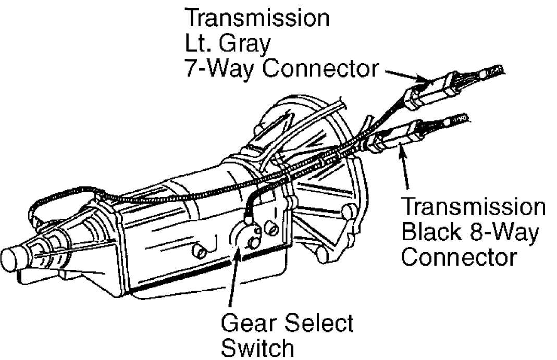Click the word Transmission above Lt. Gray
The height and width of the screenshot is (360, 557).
(x=257, y=18)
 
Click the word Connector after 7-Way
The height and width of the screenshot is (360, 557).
(x=320, y=68)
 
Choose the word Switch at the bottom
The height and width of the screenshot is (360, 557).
(x=257, y=347)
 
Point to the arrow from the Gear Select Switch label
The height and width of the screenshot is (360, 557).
(x=234, y=275)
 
